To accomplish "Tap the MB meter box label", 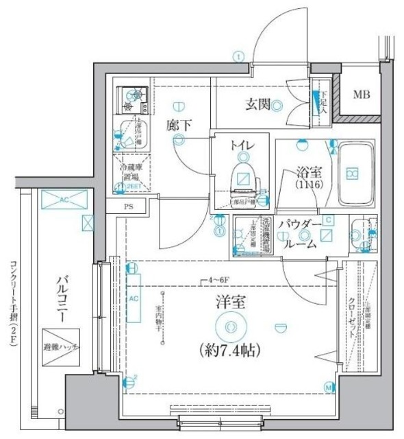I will [x=361, y=95].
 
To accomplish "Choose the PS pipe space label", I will [x=128, y=206].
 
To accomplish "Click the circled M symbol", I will [x=329, y=388].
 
